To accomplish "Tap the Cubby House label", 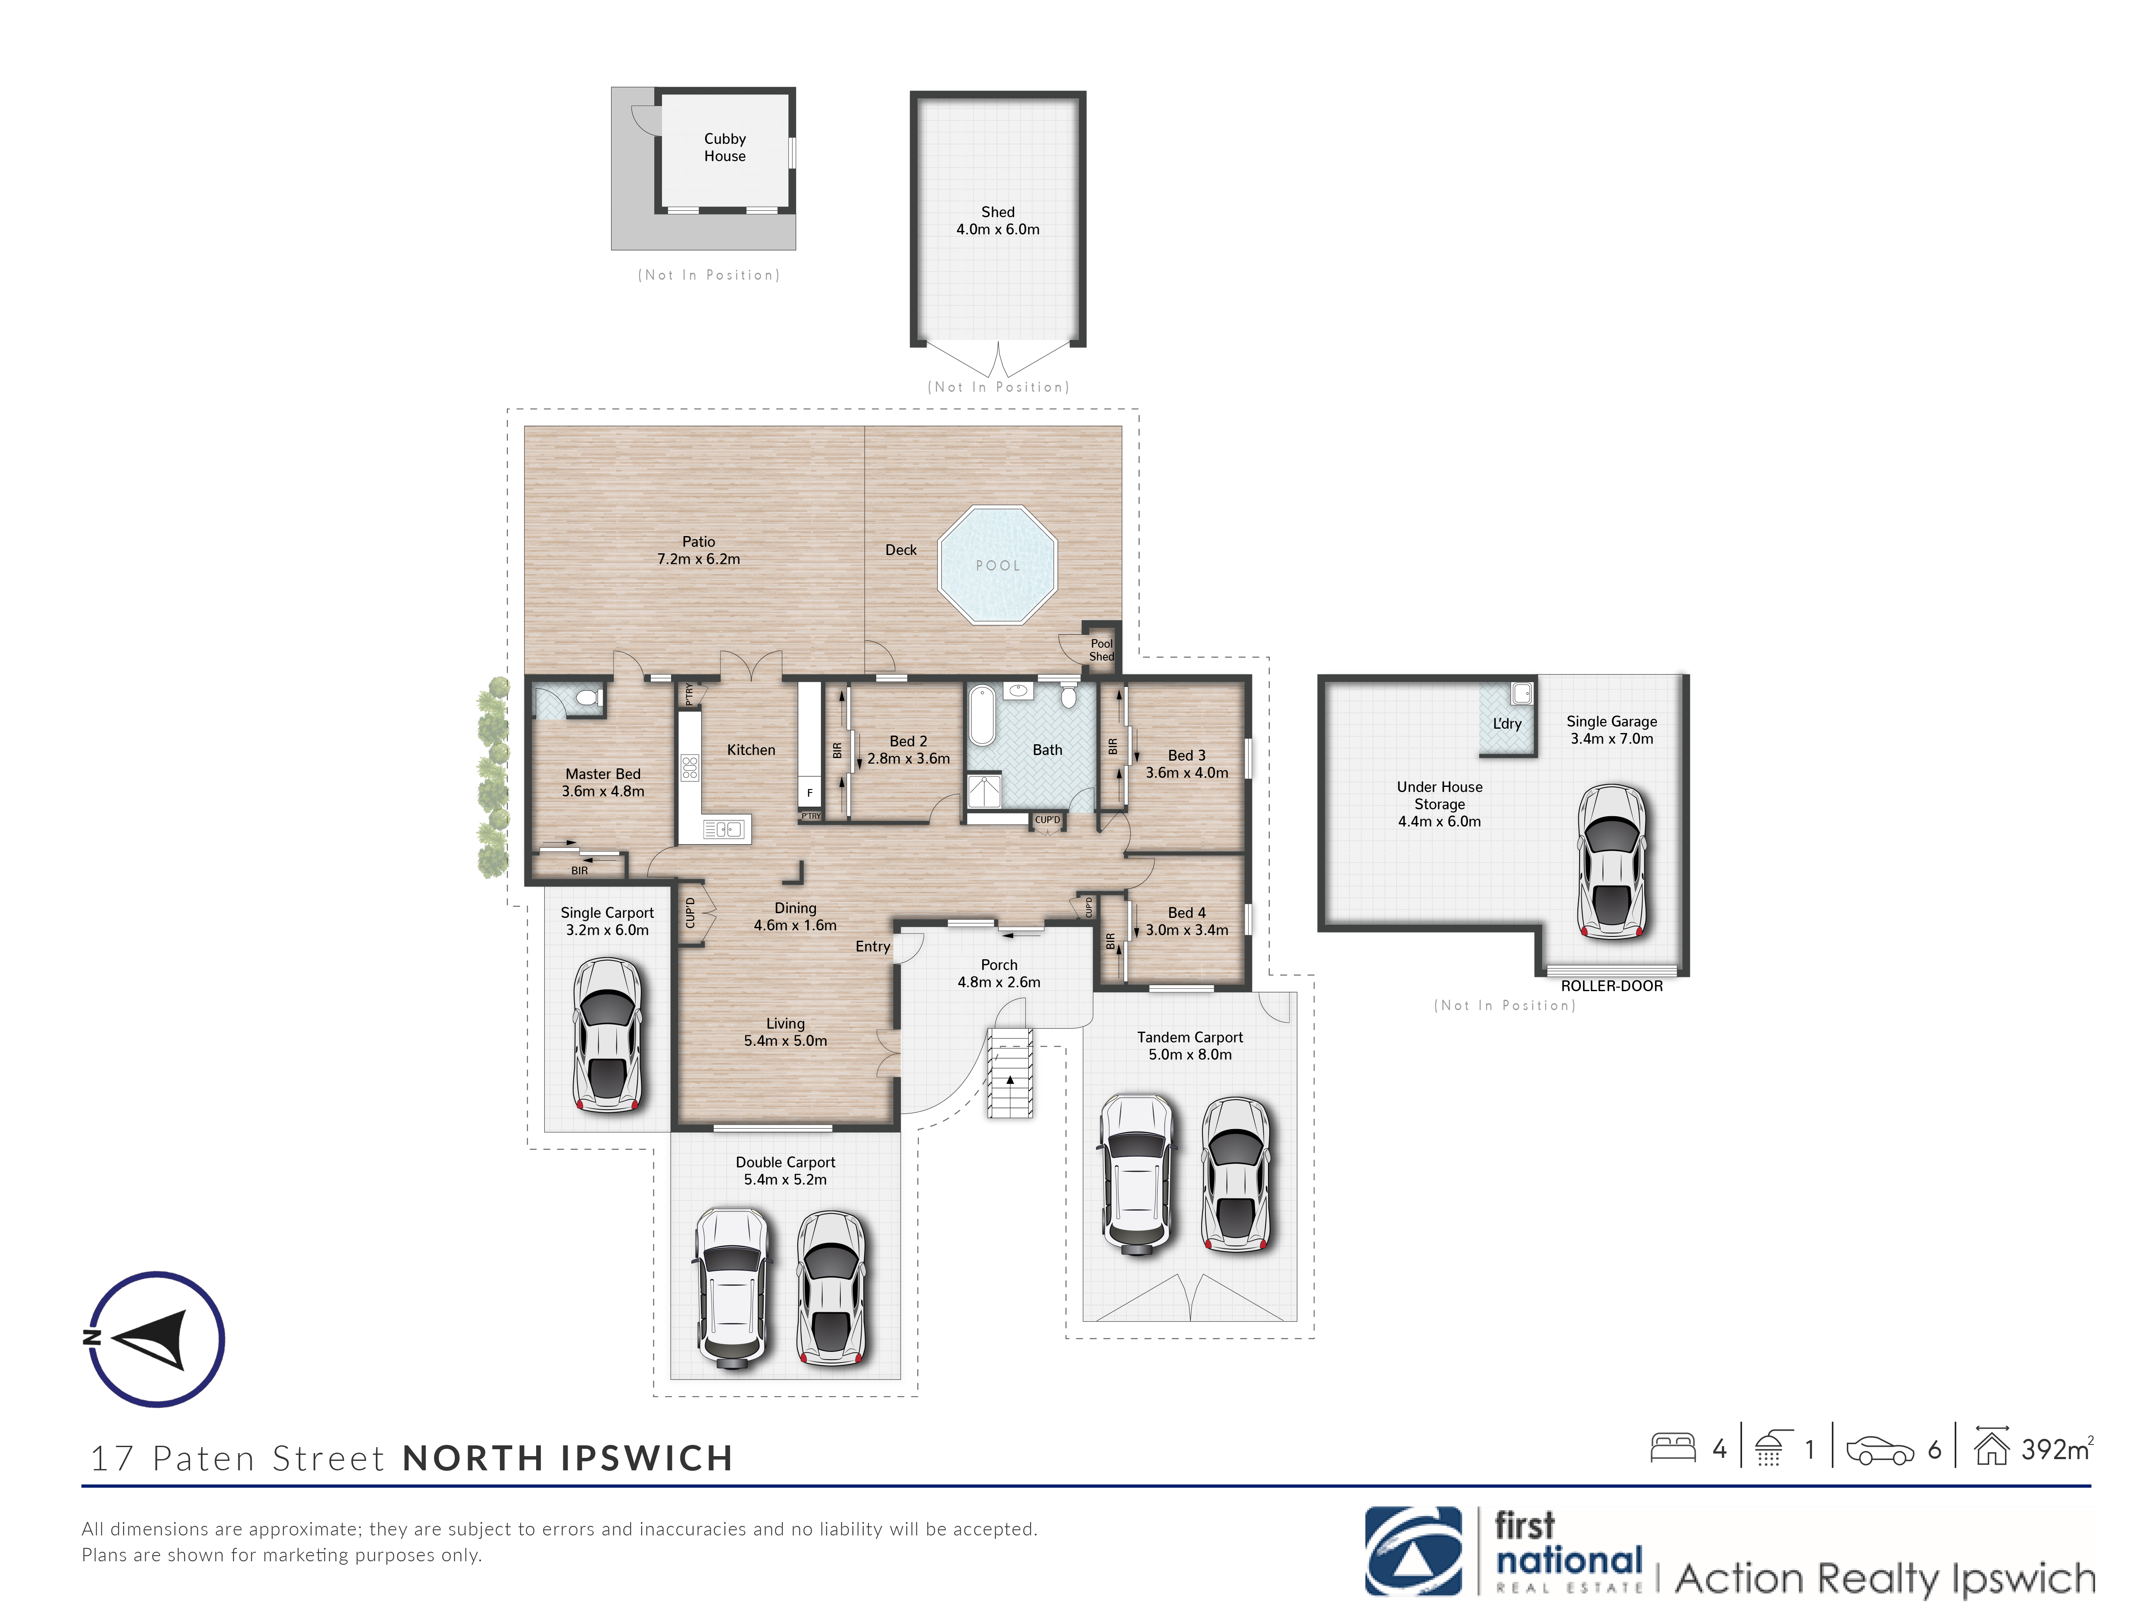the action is click(x=725, y=147).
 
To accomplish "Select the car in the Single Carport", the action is click(x=607, y=1035).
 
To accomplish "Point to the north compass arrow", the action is click(x=148, y=1339).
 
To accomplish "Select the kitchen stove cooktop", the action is click(x=690, y=767).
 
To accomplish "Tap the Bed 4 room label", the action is click(x=1187, y=913).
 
